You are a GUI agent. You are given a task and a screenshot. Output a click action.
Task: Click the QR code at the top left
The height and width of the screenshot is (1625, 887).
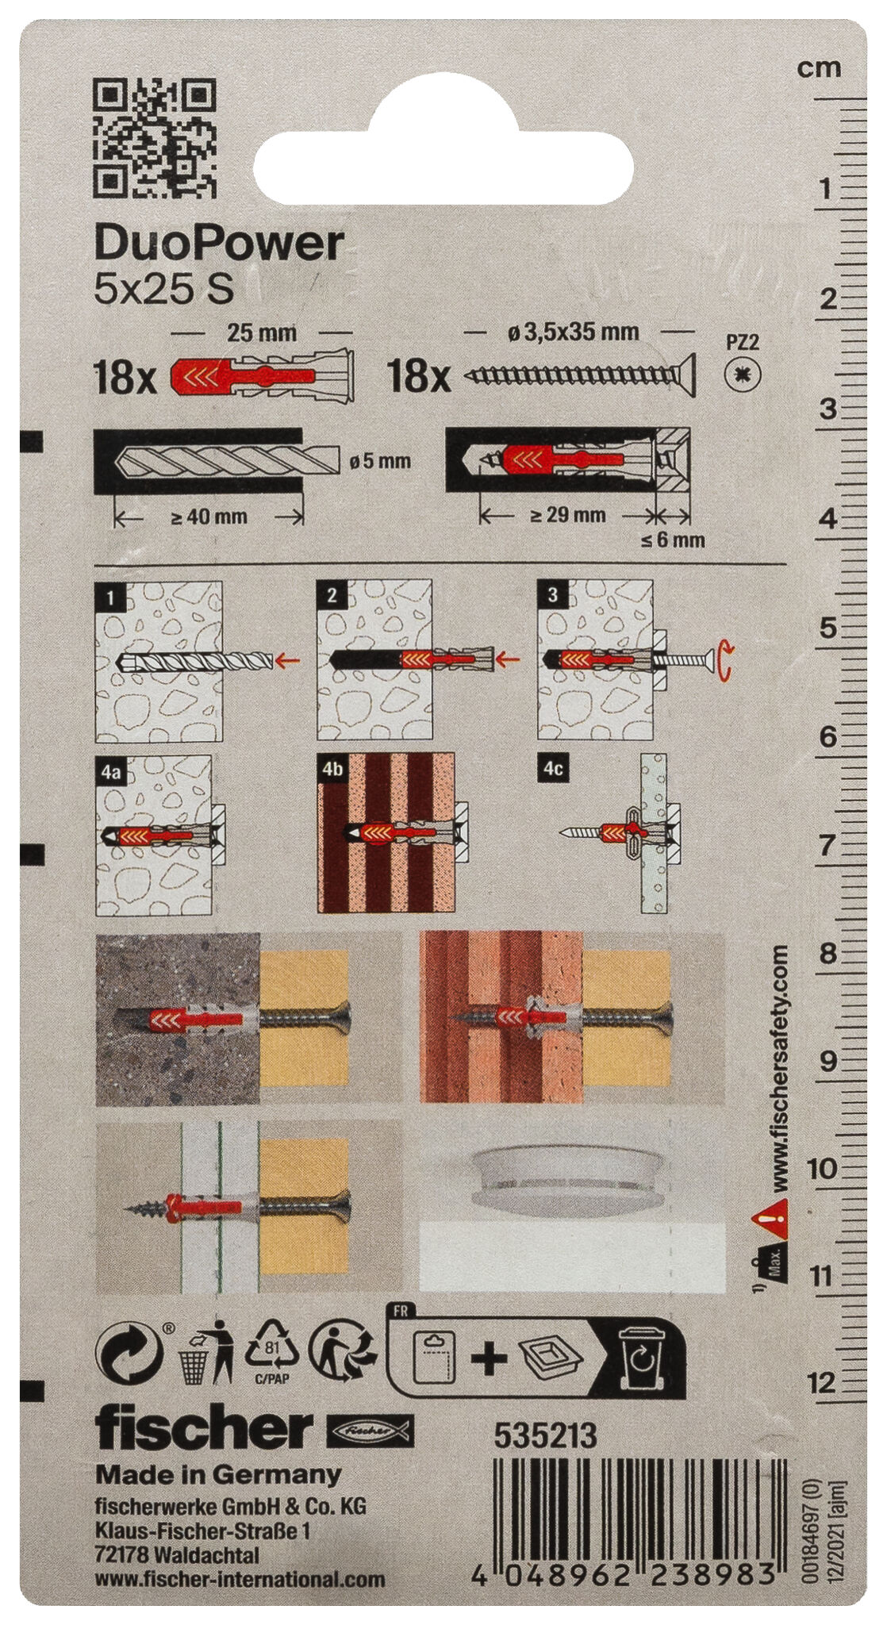tap(155, 137)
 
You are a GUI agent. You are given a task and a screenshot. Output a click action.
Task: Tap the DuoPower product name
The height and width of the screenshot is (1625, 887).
tap(219, 244)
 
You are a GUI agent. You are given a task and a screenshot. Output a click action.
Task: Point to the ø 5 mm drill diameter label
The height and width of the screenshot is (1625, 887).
tap(380, 461)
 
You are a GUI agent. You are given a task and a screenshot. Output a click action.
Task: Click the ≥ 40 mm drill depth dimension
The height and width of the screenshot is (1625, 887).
tap(209, 517)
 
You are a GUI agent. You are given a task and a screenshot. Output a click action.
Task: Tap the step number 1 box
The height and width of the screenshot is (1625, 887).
tap(110, 596)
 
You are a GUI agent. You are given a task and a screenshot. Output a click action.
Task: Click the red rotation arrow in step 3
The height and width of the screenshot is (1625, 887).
tap(725, 661)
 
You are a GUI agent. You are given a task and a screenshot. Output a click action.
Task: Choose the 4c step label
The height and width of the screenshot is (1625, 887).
tap(553, 769)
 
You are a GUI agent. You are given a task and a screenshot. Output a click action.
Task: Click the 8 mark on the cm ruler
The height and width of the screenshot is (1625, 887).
tap(828, 953)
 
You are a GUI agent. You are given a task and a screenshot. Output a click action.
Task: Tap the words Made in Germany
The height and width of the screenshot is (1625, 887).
tap(218, 1475)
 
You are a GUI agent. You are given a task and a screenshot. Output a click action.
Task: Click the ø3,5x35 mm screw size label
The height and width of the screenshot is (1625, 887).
tap(574, 332)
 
